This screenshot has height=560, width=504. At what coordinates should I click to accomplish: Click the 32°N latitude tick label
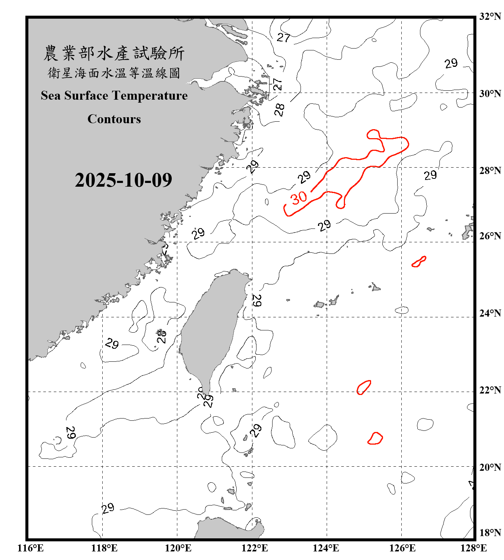click(490, 16)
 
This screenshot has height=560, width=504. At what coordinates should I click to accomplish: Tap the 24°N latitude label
click(490, 313)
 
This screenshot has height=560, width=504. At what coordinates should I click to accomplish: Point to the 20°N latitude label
click(490, 467)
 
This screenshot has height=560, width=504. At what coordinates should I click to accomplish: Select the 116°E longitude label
click(30, 548)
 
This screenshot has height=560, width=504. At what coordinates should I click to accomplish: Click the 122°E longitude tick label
click(255, 548)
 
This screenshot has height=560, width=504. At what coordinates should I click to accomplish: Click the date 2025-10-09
click(123, 180)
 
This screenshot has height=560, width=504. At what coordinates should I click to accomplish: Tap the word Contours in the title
click(114, 119)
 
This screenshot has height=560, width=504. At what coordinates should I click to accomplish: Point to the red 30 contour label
click(299, 198)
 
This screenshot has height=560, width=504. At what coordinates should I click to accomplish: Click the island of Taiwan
click(211, 329)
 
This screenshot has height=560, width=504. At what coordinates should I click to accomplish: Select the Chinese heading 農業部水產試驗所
click(114, 53)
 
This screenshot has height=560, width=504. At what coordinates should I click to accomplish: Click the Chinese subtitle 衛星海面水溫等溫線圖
click(114, 73)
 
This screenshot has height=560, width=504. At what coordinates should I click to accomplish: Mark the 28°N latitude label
click(490, 171)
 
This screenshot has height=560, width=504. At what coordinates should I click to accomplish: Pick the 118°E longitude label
click(104, 548)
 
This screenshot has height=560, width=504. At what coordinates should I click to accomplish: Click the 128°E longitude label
click(473, 548)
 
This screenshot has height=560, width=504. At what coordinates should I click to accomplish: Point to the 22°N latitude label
click(490, 390)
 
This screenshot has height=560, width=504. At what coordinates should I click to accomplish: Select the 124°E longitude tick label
click(326, 548)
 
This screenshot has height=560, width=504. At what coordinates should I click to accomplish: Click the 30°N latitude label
click(490, 93)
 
